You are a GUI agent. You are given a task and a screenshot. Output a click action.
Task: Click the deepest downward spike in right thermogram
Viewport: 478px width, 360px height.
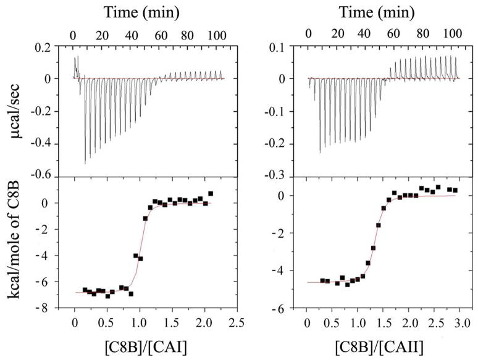(x=320, y=152)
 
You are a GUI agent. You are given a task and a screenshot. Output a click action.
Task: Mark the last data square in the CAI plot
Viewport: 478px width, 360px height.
(x=211, y=194)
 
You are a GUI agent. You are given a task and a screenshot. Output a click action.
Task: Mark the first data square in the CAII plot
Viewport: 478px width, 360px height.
(x=322, y=281)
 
